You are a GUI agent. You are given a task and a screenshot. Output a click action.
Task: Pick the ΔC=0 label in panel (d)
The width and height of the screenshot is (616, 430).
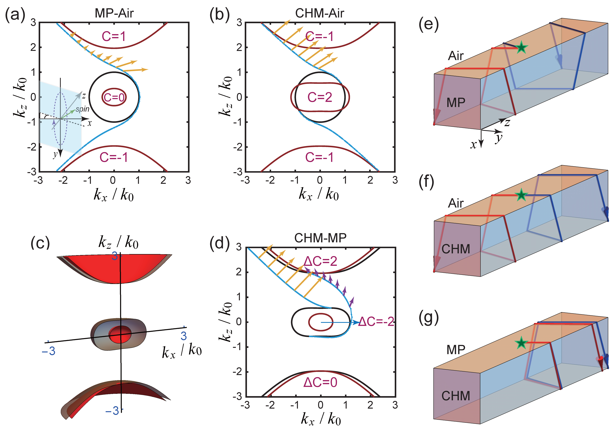click(x=320, y=382)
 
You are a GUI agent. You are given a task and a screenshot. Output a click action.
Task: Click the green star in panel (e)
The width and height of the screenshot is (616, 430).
click(x=521, y=48)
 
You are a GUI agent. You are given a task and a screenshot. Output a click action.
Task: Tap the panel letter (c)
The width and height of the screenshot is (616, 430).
click(x=40, y=243)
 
